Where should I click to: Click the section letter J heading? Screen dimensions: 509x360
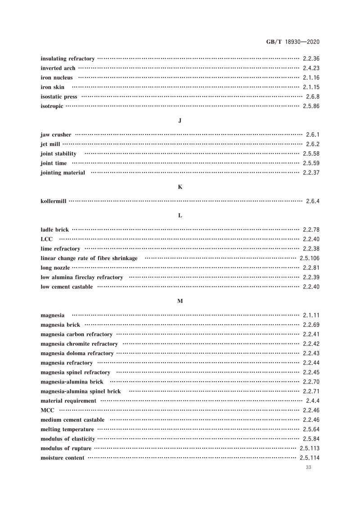[180, 121]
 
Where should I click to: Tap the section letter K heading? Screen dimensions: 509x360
[180, 186]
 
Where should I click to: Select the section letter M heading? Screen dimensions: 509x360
[180, 301]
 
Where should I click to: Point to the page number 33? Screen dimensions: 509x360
[308, 468]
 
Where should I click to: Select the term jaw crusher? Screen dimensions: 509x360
[56, 135]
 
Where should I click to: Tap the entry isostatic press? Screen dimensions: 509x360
[58, 97]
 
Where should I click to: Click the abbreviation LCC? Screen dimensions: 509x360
[47, 239]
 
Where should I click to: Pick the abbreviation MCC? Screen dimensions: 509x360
[48, 410]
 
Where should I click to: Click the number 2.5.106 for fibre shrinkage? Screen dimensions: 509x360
[309, 258]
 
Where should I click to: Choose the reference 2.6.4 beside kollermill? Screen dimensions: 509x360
[312, 201]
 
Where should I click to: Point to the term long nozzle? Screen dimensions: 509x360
[55, 268]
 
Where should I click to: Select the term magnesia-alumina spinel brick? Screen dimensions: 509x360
[81, 391]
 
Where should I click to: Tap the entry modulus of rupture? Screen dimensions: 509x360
[66, 448]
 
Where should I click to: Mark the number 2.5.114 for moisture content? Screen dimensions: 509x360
[309, 458]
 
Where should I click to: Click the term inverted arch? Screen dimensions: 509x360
[58, 68]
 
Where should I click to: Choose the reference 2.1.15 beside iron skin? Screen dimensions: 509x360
[311, 87]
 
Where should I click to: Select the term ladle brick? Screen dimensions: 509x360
[54, 230]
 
